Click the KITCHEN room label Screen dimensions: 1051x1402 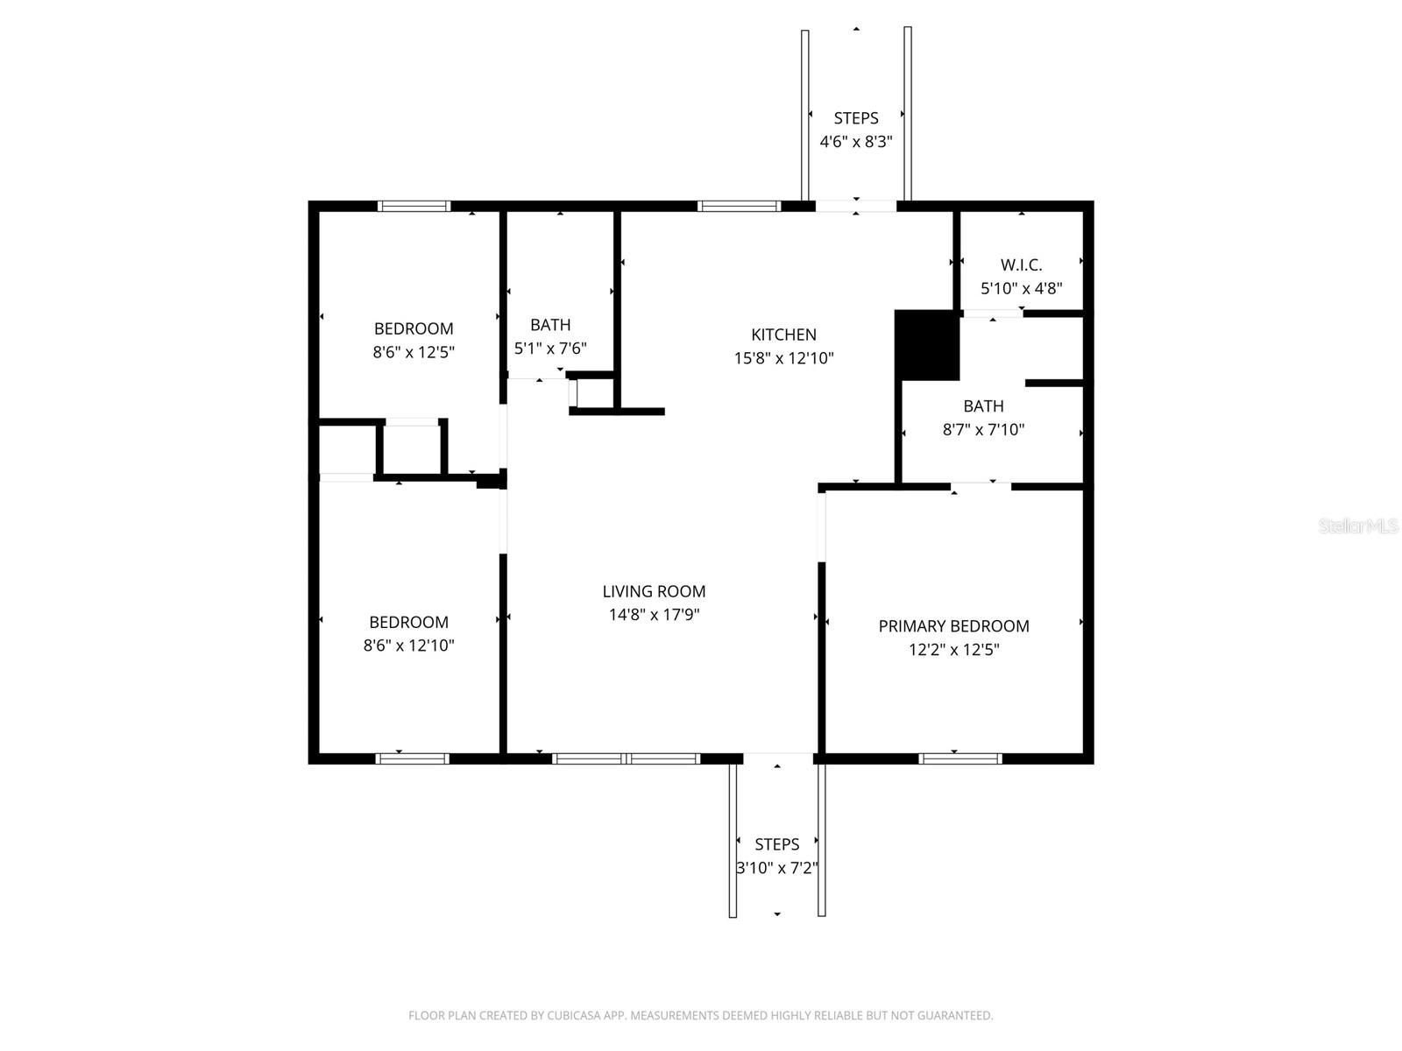coord(783,335)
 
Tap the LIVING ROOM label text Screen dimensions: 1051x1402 coord(654,591)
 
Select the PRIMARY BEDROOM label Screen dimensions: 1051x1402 coord(953,626)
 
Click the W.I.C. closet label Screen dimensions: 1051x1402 coord(1021,265)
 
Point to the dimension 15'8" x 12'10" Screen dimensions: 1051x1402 coord(783,358)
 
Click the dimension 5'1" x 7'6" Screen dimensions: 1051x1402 coord(550,349)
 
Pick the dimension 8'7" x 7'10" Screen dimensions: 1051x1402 coord(983,430)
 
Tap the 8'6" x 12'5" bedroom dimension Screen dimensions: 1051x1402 coord(414,353)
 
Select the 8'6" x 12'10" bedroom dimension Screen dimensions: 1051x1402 coord(408,646)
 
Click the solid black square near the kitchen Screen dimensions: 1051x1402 coord(927,345)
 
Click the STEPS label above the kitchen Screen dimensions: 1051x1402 coord(855,118)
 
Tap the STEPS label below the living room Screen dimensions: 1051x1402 coord(776,844)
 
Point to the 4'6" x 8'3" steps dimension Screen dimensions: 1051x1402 coord(855,142)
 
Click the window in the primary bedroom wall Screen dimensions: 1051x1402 coord(959,758)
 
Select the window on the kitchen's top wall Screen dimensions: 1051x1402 coord(738,207)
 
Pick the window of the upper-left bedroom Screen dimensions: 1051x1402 coord(414,207)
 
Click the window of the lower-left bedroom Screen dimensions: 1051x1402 coord(412,758)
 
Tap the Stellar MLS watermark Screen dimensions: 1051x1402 coord(1358,526)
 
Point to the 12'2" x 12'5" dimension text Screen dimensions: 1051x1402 coord(953,650)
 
